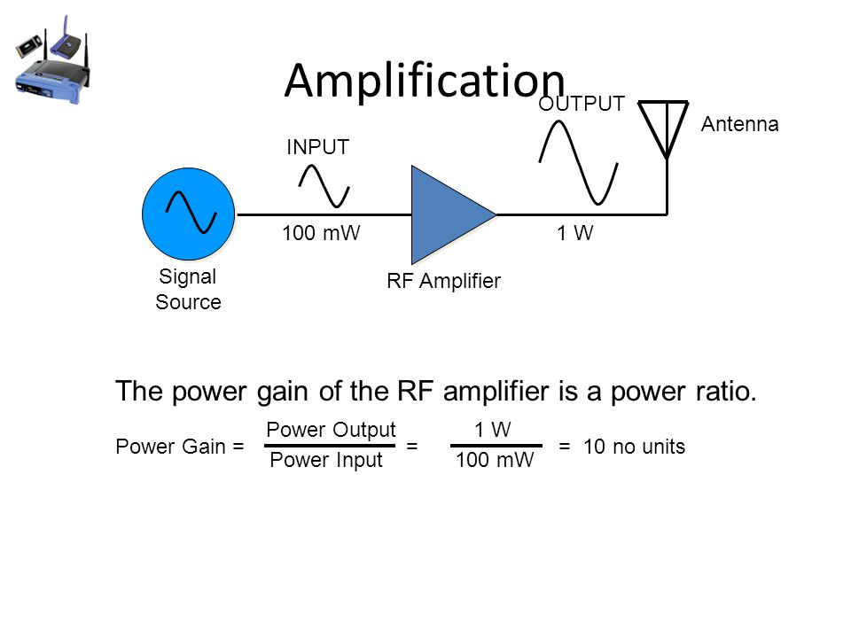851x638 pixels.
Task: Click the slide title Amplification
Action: (425, 81)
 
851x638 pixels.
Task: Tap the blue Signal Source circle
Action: (188, 214)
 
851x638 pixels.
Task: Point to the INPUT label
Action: (317, 147)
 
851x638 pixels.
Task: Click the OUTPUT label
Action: (582, 104)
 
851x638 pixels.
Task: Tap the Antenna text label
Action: (739, 124)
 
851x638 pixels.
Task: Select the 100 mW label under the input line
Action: (321, 233)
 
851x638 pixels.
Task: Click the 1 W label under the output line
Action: (574, 233)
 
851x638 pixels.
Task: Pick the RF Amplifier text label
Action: (443, 281)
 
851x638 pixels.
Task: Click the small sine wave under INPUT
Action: (324, 186)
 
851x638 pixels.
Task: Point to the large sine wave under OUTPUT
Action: (579, 163)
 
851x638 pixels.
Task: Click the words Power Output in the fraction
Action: (331, 430)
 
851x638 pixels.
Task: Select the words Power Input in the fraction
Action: (326, 460)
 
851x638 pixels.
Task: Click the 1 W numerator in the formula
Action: (492, 430)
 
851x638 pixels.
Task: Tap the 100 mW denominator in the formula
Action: (495, 460)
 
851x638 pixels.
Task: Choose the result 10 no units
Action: (634, 447)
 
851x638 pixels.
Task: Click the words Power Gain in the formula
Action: (170, 447)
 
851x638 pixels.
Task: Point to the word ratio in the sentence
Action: (723, 391)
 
